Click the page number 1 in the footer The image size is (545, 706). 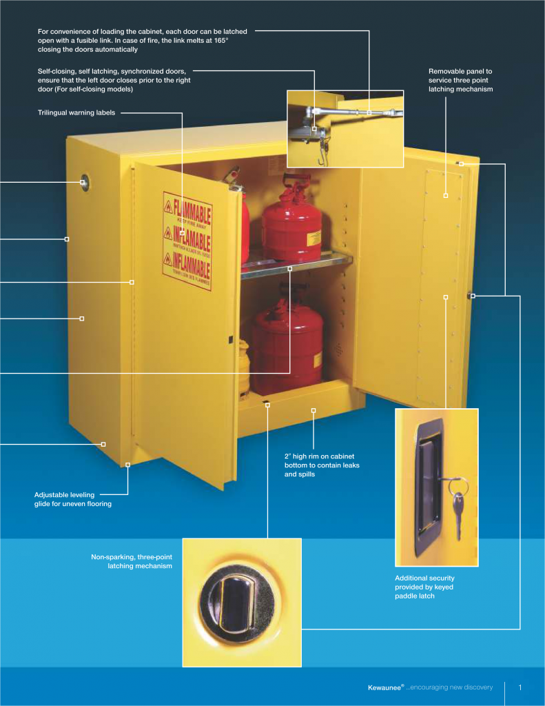click(520, 687)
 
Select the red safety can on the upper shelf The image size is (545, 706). click(292, 221)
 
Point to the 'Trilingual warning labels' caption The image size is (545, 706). click(76, 112)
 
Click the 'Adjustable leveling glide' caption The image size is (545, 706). click(73, 499)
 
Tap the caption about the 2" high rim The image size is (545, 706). click(322, 465)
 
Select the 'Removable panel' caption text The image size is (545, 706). click(460, 80)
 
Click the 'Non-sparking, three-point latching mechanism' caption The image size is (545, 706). click(132, 561)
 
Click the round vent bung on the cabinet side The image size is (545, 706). click(84, 183)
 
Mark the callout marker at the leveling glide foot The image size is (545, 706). click(128, 465)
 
